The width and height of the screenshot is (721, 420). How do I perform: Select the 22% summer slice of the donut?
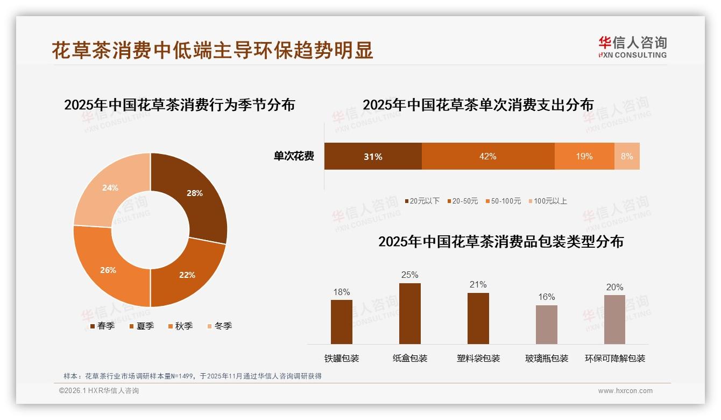[x=186, y=272]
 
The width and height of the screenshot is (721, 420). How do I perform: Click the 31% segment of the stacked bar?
[x=373, y=156]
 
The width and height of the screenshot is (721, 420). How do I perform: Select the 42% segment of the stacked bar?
[x=487, y=156]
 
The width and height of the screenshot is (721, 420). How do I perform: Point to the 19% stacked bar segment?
[x=584, y=156]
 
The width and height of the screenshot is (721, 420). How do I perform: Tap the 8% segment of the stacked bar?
[x=627, y=156]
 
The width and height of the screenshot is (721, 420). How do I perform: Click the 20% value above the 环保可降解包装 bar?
[x=614, y=288]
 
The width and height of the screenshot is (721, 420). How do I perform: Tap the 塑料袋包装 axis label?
[x=478, y=359]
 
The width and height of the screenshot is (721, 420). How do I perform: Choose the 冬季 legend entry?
[x=219, y=326]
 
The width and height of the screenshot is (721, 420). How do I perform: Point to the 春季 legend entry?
[x=102, y=326]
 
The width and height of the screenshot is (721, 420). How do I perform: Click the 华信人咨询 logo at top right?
[x=632, y=47]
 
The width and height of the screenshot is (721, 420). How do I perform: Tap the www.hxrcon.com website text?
[x=625, y=391]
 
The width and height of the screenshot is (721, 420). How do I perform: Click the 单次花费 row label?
[x=294, y=157]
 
